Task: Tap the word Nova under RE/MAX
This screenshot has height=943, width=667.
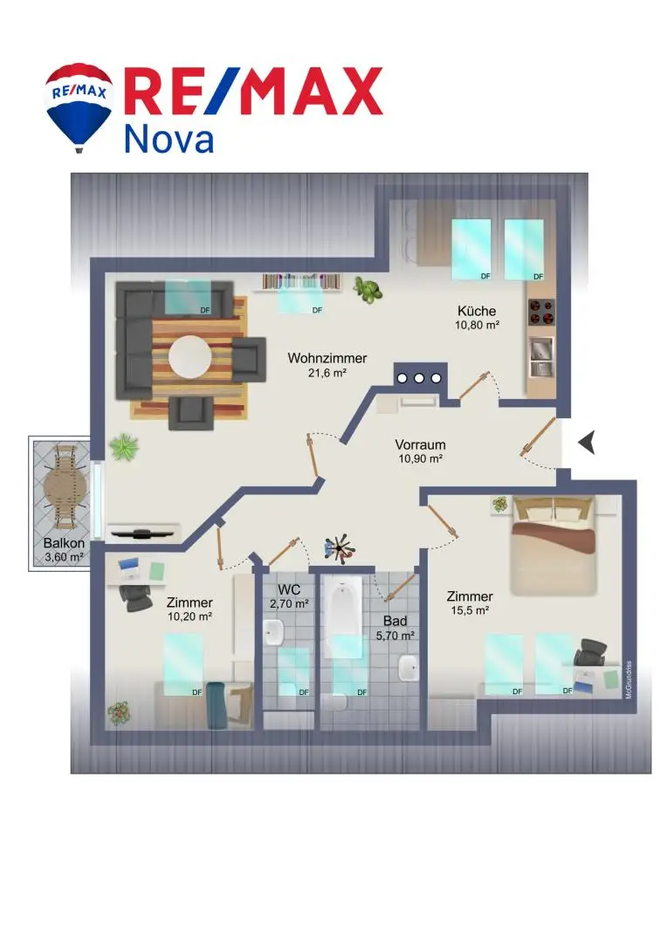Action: [168, 139]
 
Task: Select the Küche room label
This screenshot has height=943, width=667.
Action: [477, 311]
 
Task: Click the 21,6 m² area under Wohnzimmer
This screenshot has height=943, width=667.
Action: [327, 373]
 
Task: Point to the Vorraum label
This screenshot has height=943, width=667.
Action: [421, 445]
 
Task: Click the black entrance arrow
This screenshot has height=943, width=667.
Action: [587, 443]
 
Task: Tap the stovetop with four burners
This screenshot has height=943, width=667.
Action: [541, 312]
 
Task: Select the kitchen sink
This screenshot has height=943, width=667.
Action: [541, 356]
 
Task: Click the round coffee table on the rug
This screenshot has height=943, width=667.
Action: [190, 357]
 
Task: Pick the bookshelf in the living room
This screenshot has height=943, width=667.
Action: [300, 281]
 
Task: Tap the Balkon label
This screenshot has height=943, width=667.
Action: [64, 543]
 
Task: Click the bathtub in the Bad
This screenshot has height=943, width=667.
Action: [343, 616]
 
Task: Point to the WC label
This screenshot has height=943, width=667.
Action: [289, 590]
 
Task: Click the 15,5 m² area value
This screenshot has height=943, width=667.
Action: [470, 610]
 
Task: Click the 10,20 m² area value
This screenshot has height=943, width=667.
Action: [190, 616]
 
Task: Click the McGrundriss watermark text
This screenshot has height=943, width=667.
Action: [629, 679]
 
